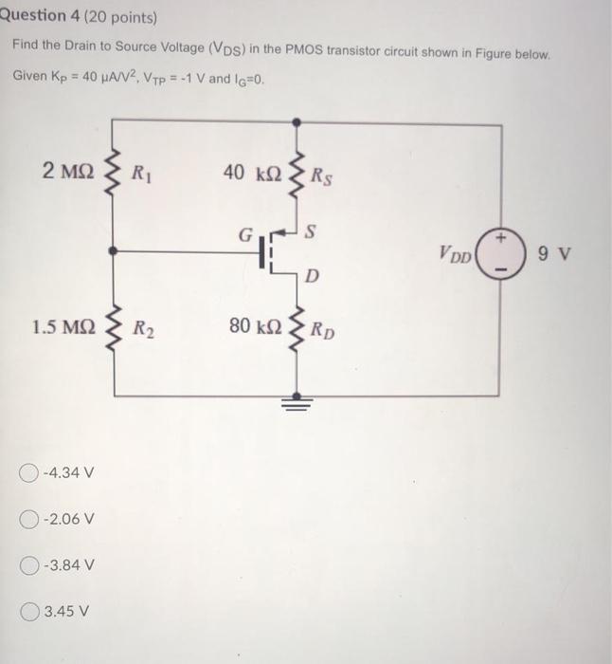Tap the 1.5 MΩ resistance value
coord(63,328)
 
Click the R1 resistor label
coord(143,174)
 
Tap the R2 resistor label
coord(143,330)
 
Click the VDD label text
coord(457,255)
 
